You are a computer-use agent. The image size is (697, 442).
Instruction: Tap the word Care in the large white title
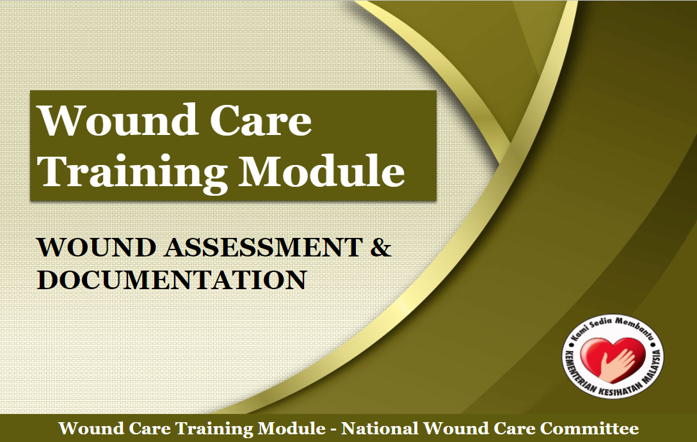tap(260, 120)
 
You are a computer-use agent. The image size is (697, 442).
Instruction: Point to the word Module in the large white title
tap(321, 171)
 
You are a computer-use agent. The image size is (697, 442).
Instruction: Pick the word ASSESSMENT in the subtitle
tap(264, 247)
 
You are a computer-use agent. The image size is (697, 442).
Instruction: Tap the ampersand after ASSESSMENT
tap(381, 247)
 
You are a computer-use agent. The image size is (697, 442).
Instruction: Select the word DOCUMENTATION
tap(172, 280)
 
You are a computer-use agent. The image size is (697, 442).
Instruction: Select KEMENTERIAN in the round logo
tap(578, 372)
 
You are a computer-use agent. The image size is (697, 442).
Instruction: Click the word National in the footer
tap(380, 429)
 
